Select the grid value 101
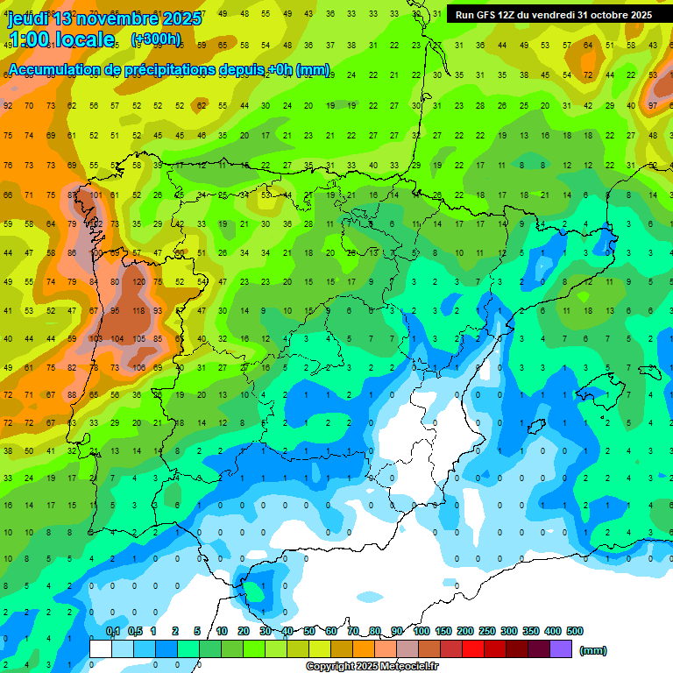point(95,195)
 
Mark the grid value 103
point(95,338)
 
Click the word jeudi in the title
point(27,18)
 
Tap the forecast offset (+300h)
point(155,39)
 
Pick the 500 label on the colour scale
point(575,631)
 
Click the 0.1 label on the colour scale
point(113,631)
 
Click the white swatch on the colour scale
point(101,648)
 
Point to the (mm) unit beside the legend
point(593,650)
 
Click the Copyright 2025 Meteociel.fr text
point(372,666)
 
